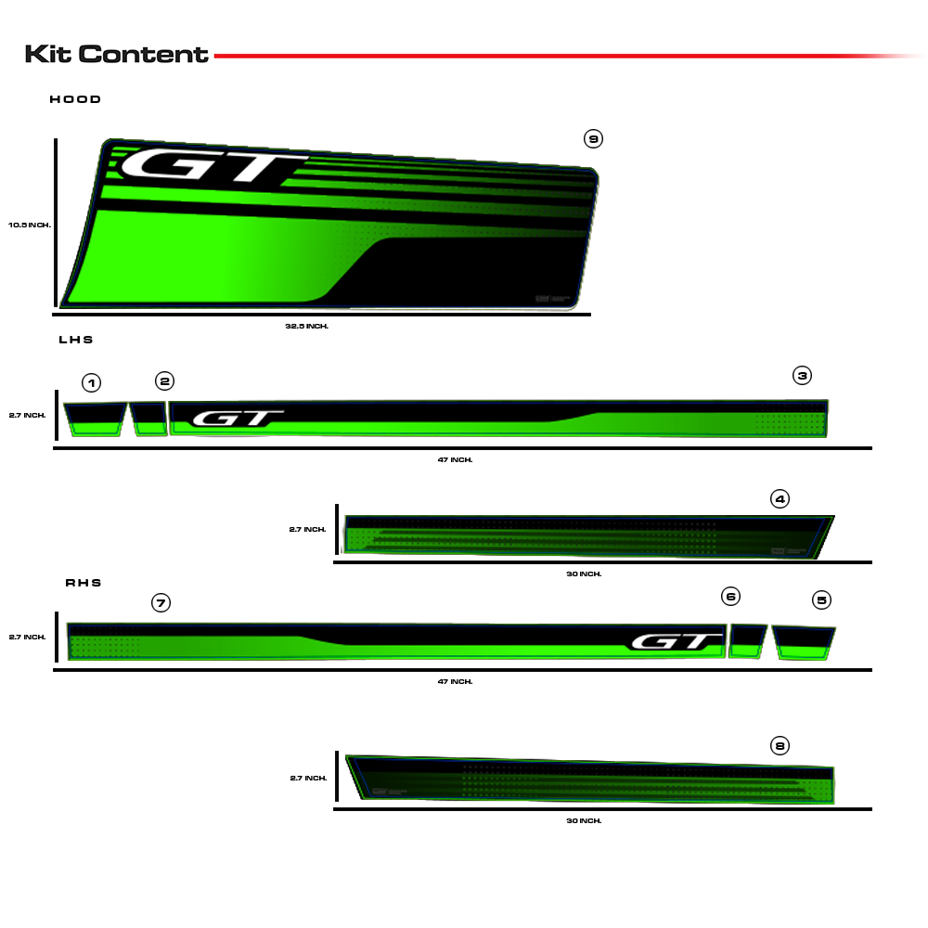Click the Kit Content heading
[117, 54]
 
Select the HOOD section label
[75, 99]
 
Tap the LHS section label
[76, 340]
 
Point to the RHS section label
[84, 583]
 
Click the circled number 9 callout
[593, 139]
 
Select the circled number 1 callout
[91, 383]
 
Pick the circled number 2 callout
[164, 381]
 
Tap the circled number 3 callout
[802, 375]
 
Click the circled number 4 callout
[780, 499]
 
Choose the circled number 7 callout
[161, 603]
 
